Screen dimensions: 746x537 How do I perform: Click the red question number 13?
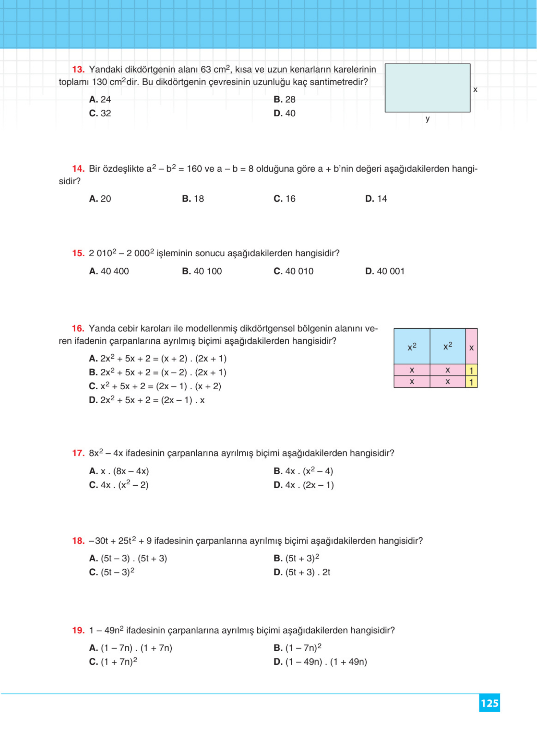point(78,70)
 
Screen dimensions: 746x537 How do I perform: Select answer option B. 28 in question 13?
point(284,99)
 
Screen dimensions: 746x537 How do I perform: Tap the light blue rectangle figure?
point(427,88)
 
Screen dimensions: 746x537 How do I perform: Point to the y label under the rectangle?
point(427,119)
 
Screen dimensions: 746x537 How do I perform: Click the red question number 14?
point(78,169)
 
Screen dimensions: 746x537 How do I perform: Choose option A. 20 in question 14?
point(100,199)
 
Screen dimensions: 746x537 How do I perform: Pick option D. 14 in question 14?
point(376,199)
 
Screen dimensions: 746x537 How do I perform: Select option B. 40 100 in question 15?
point(202,271)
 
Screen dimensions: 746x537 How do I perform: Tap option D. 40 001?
point(385,271)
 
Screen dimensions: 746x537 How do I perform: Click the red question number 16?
point(78,329)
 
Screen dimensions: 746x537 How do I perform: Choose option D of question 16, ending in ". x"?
point(147,400)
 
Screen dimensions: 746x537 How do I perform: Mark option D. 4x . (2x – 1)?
point(303,485)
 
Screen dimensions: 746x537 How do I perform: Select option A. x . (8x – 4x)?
point(119,471)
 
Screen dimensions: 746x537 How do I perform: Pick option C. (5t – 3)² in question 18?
point(112,572)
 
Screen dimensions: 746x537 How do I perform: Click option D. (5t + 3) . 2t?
point(302,572)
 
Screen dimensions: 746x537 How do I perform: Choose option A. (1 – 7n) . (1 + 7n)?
point(130,648)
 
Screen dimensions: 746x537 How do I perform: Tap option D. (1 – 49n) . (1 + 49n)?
point(320,662)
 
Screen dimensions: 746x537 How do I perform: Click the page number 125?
point(489,703)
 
